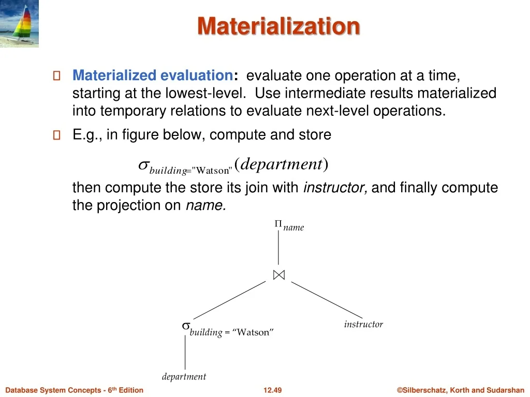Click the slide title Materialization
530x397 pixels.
(x=278, y=26)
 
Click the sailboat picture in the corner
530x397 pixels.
(x=19, y=23)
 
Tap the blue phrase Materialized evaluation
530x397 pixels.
(x=153, y=75)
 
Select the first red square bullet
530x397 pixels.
(x=57, y=75)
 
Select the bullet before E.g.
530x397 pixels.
(x=57, y=135)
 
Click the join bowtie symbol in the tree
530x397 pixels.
(x=279, y=275)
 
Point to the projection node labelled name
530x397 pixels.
(x=289, y=225)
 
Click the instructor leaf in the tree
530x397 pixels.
(x=363, y=324)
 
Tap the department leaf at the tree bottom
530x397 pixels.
(x=184, y=376)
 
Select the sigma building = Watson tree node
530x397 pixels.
(x=228, y=330)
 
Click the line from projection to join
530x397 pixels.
(x=278, y=248)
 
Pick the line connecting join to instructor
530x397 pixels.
(x=327, y=300)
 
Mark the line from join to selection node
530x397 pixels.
(x=229, y=300)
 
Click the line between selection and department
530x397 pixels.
(x=185, y=352)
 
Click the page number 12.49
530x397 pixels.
(x=272, y=390)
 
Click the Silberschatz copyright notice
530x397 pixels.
(x=460, y=390)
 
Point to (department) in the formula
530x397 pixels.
(x=281, y=164)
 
